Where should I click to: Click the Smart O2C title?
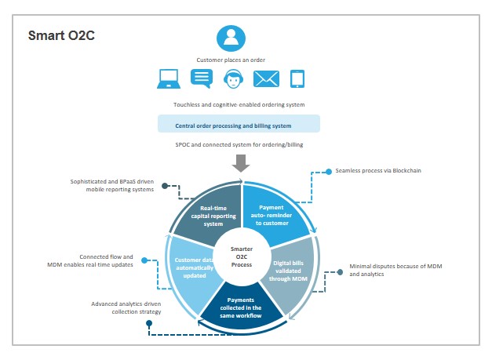[61, 35]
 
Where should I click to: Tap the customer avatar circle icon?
[231, 38]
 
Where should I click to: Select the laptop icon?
[169, 78]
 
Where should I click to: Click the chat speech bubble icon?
[202, 78]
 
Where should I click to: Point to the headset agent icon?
[234, 78]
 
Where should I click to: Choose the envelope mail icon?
[266, 78]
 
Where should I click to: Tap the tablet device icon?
[297, 78]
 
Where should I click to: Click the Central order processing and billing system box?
[239, 124]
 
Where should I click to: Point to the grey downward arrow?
[241, 163]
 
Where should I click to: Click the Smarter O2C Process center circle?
[242, 256]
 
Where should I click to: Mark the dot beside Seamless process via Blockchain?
[329, 172]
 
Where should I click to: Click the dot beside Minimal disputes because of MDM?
[340, 272]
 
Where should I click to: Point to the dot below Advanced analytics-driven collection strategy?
[149, 323]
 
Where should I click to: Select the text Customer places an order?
[231, 60]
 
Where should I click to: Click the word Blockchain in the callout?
[407, 171]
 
